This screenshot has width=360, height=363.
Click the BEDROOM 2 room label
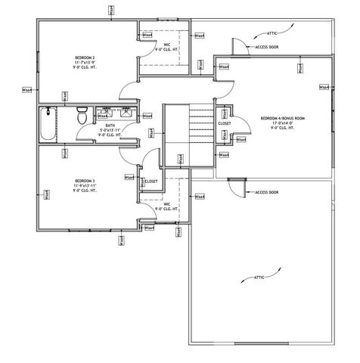coord(84,57)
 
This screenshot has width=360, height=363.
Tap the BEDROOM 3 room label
coord(84,181)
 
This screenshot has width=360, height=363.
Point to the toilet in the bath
coord(82,117)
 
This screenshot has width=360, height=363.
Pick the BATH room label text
coord(110,126)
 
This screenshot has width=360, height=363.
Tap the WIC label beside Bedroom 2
coord(167,45)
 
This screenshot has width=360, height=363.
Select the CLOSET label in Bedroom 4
coord(225,123)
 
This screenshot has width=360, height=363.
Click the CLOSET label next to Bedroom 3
coord(151,181)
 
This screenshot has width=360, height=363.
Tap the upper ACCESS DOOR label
coord(267,47)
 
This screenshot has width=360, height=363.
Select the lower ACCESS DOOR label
coord(267,192)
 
